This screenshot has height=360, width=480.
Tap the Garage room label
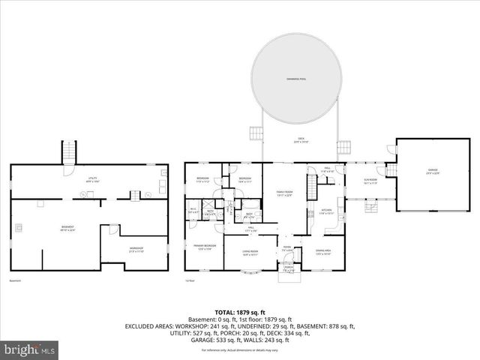click(433, 172)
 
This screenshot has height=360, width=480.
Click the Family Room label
click(283, 193)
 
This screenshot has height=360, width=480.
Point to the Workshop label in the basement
click(136, 250)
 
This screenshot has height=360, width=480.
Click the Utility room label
click(93, 179)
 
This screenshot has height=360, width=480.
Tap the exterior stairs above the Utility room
click(70, 152)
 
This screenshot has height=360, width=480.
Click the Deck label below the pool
click(300, 139)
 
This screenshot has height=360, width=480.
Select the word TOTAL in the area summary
click(225, 312)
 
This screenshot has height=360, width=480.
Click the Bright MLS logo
click(30, 349)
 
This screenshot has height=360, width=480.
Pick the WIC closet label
click(193, 211)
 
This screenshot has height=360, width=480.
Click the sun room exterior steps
click(369, 207)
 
